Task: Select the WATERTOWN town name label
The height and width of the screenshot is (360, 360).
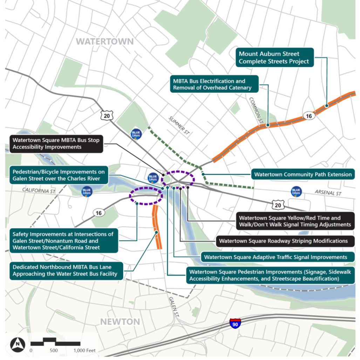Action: (x=105, y=42)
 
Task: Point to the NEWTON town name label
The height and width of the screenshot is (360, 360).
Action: (x=120, y=321)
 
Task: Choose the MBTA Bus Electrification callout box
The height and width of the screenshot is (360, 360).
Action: (x=214, y=84)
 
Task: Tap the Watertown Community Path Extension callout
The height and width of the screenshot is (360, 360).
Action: (x=303, y=174)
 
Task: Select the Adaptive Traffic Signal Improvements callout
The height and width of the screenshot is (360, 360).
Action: (x=276, y=257)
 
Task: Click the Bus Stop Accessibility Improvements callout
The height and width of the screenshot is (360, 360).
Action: (x=56, y=144)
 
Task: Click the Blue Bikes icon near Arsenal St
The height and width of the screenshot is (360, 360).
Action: (x=296, y=192)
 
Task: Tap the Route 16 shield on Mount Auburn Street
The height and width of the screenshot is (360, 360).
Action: (x=308, y=116)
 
